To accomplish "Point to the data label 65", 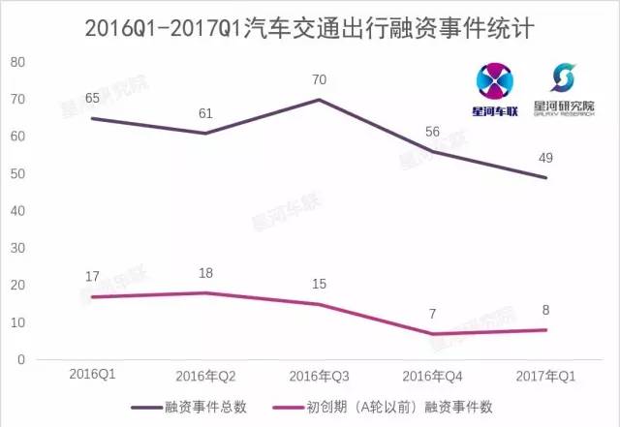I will (x=93, y=99).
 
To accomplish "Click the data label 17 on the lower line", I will (x=93, y=277).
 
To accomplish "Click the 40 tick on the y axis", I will (x=16, y=211).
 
